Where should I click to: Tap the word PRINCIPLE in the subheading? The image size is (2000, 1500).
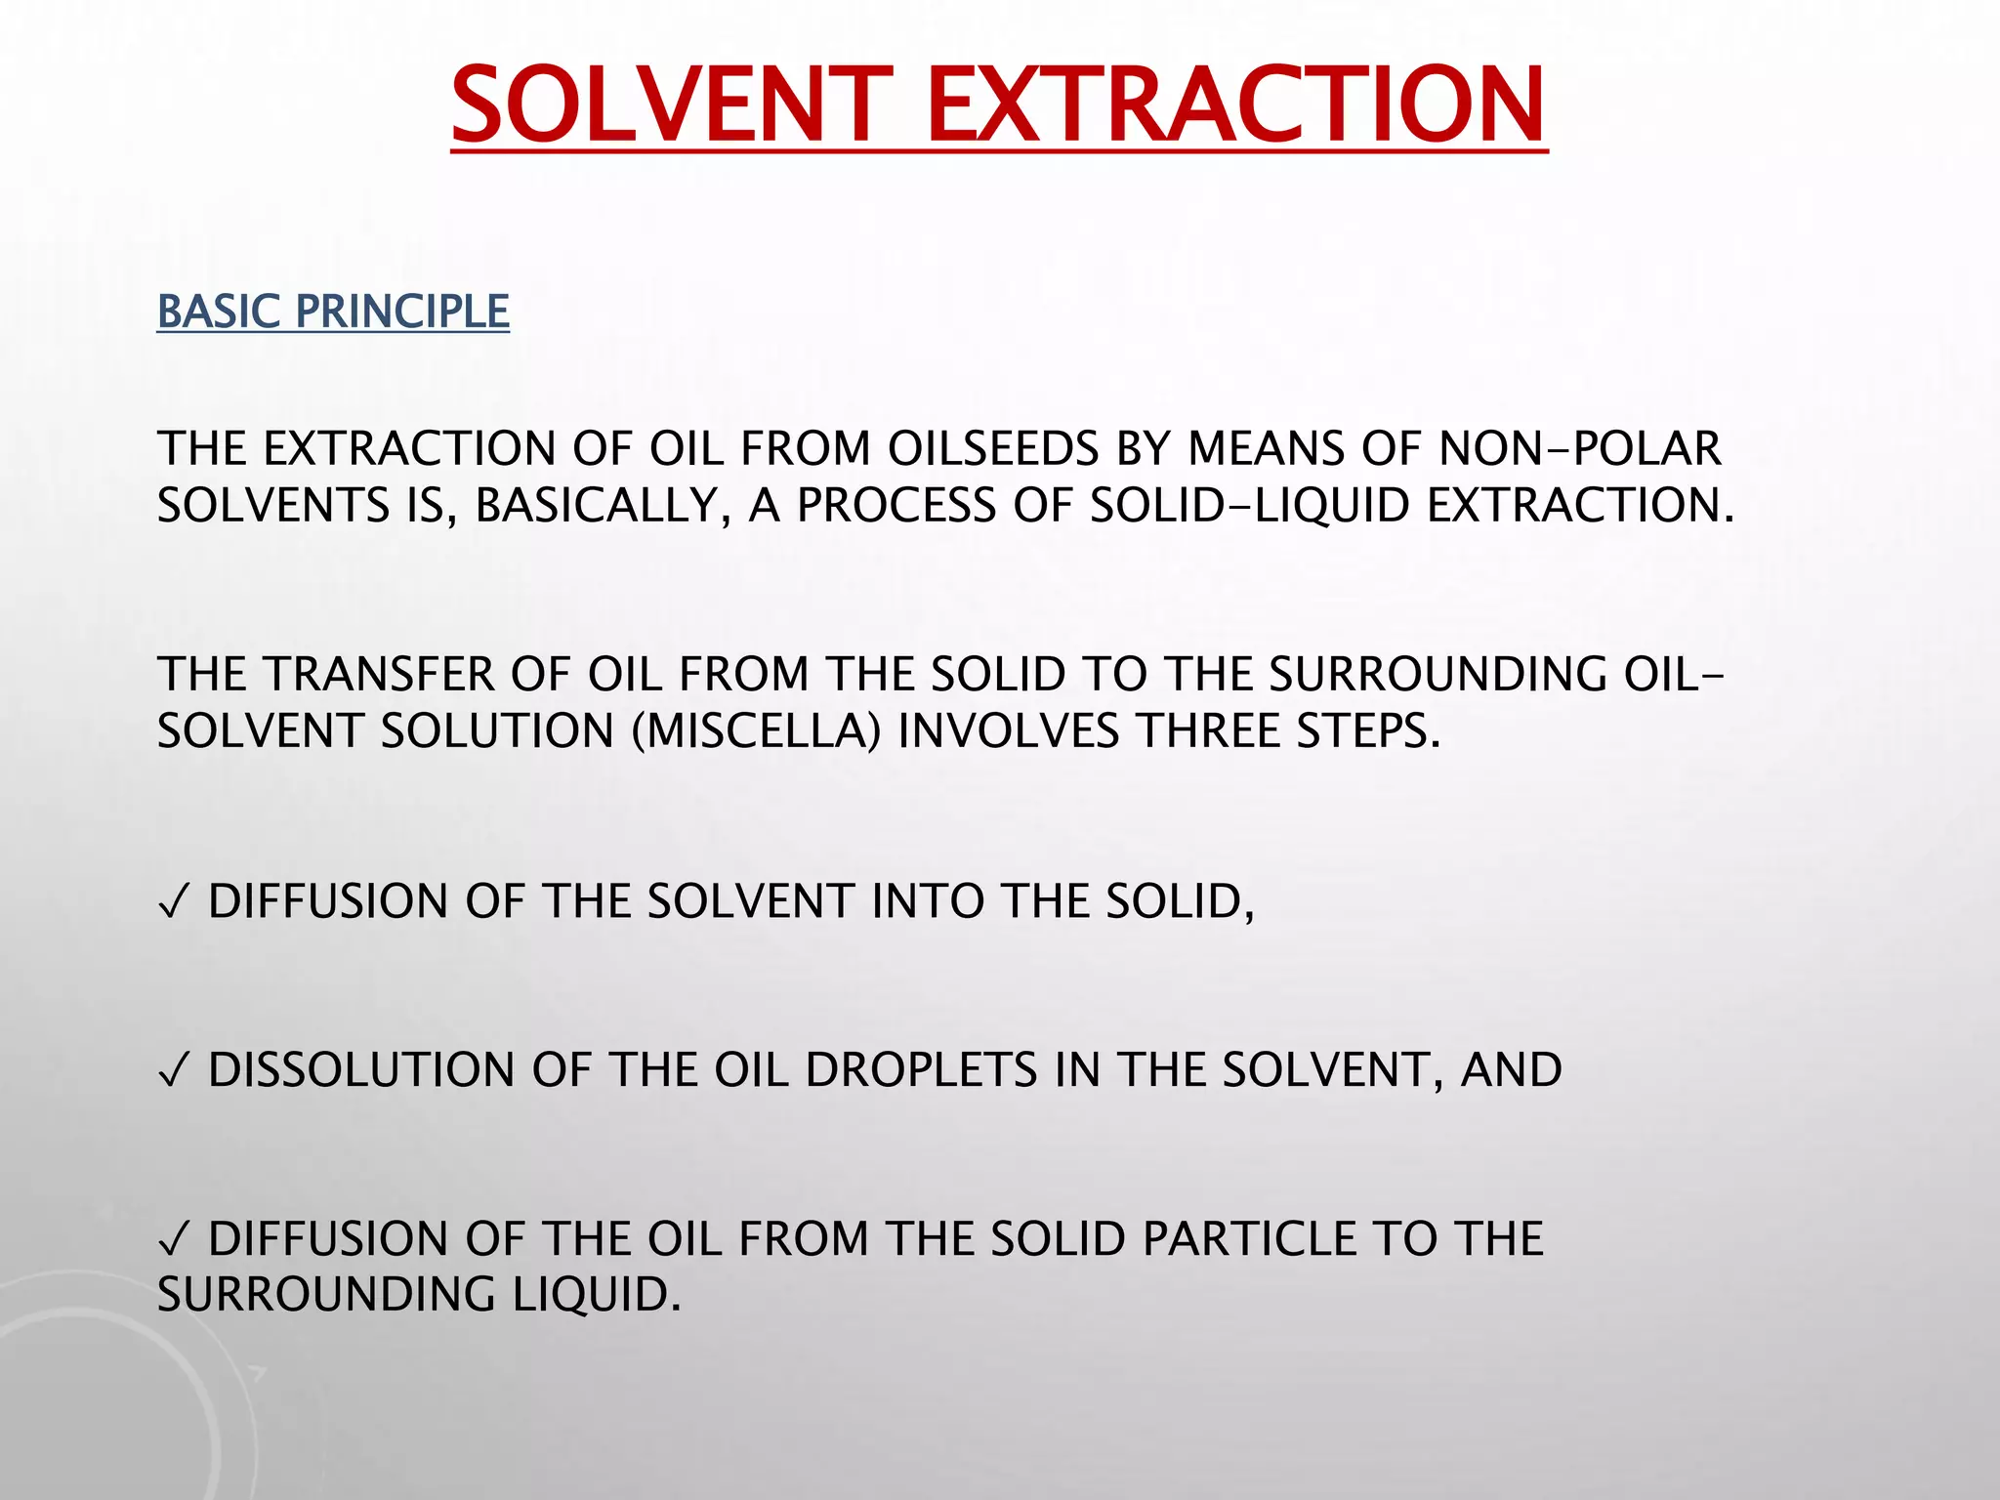coord(402,312)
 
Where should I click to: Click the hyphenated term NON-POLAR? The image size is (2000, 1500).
coord(1579,449)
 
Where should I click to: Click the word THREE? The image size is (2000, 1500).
coord(1209,731)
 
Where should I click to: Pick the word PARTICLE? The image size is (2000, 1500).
coord(1250,1239)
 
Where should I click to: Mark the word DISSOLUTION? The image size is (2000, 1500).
coord(361,1070)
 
